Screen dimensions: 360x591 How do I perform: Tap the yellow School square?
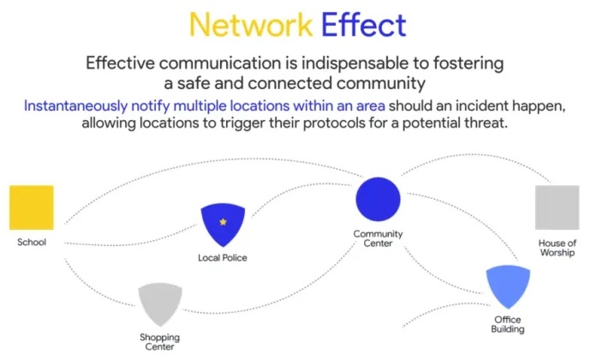click(32, 208)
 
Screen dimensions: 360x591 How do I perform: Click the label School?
click(32, 243)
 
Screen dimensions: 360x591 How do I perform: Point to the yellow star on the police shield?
click(223, 222)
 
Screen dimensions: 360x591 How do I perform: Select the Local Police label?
click(223, 257)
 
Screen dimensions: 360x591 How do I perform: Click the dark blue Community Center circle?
click(378, 198)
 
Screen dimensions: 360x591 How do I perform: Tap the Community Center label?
click(378, 238)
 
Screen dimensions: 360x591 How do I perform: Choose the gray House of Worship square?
click(558, 208)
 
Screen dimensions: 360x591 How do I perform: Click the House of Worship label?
click(558, 249)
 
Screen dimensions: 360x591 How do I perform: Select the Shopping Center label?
click(160, 341)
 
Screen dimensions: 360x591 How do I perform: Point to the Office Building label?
click(507, 324)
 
